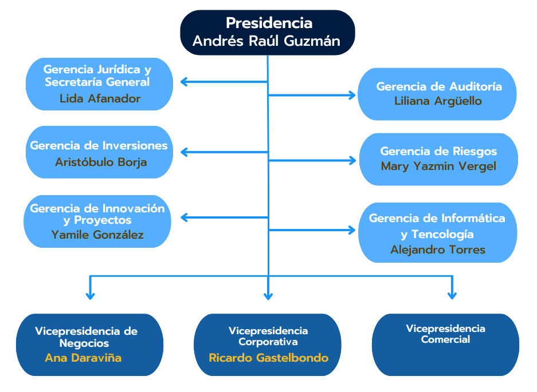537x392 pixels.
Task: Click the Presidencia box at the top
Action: (x=268, y=32)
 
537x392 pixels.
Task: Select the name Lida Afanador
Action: (x=100, y=99)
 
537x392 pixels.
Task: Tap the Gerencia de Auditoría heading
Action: (x=439, y=86)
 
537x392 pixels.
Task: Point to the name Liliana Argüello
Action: (x=438, y=101)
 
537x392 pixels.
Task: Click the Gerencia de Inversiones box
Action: (x=99, y=152)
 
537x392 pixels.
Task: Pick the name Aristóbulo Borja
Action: (x=101, y=162)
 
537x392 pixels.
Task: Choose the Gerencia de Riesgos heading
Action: (x=438, y=152)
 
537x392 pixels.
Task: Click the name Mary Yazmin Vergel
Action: (x=438, y=167)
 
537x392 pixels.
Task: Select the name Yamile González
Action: (x=97, y=235)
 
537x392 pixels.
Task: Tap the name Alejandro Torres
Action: (x=438, y=250)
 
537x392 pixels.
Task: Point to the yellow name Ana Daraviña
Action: (x=84, y=358)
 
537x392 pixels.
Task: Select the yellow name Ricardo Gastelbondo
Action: (x=268, y=358)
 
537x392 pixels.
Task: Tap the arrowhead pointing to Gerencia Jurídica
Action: (x=183, y=82)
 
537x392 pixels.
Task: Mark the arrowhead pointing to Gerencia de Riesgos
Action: (x=352, y=161)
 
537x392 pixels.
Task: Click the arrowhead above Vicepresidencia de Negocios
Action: (x=90, y=295)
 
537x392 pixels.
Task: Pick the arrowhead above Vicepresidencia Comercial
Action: (x=452, y=295)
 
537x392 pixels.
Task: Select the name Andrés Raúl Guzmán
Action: (x=266, y=41)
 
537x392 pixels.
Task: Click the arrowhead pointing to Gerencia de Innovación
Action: (x=183, y=217)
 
